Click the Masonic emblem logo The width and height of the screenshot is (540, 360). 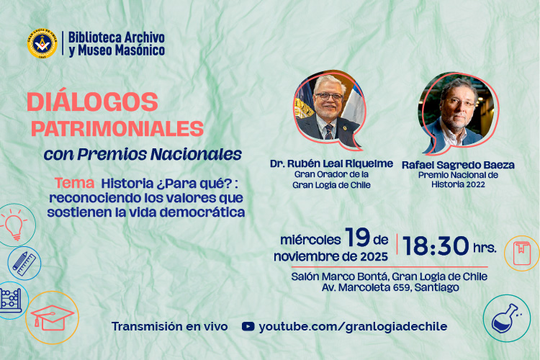tap(42, 43)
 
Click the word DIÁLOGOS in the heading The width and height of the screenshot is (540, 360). tap(92, 102)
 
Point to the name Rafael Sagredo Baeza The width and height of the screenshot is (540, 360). tap(469, 165)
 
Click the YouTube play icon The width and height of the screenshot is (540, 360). tap(248, 326)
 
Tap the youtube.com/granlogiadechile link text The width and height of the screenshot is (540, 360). tap(353, 326)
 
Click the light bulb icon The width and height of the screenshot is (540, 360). tap(14, 224)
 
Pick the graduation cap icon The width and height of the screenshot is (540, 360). tap(52, 315)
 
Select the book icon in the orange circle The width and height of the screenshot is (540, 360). tap(521, 253)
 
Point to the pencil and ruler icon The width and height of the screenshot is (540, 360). tap(24, 263)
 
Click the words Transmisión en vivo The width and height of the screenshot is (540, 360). tap(169, 326)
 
